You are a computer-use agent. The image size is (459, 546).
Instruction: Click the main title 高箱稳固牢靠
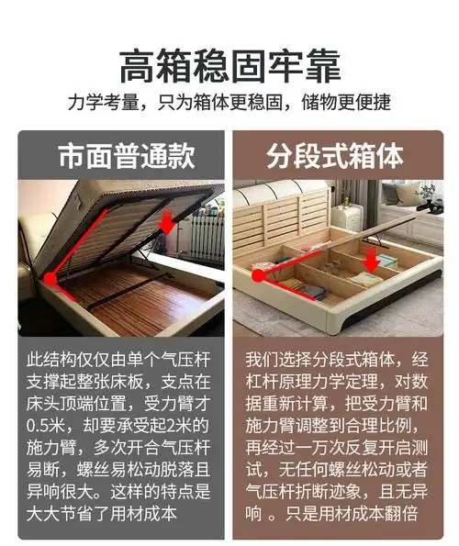(229, 67)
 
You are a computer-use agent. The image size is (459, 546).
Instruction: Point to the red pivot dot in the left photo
(52, 272)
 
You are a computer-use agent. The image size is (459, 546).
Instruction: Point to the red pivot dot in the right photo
(259, 273)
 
